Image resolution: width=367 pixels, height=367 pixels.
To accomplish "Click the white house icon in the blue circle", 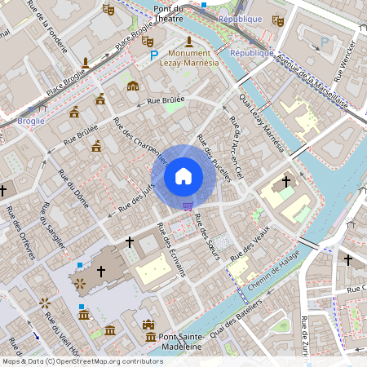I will [183, 175].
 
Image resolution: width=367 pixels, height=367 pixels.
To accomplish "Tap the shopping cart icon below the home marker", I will [188, 206].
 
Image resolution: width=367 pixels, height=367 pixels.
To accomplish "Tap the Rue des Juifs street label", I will [136, 198].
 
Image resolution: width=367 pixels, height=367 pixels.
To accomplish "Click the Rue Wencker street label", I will [347, 65].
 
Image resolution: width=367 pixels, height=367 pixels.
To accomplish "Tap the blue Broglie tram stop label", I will [30, 122].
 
